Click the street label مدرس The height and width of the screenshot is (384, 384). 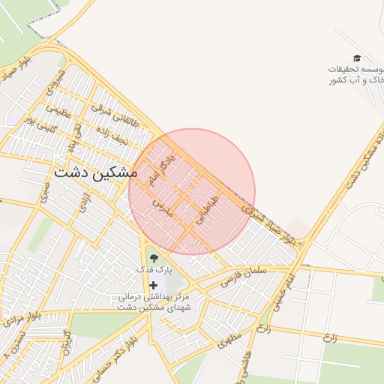coord(163,208)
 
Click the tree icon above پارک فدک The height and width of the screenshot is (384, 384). coord(154,258)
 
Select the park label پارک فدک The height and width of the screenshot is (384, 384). coord(154,268)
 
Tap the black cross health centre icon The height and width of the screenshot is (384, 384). coord(154,285)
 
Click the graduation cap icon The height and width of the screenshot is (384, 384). coord(357,58)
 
